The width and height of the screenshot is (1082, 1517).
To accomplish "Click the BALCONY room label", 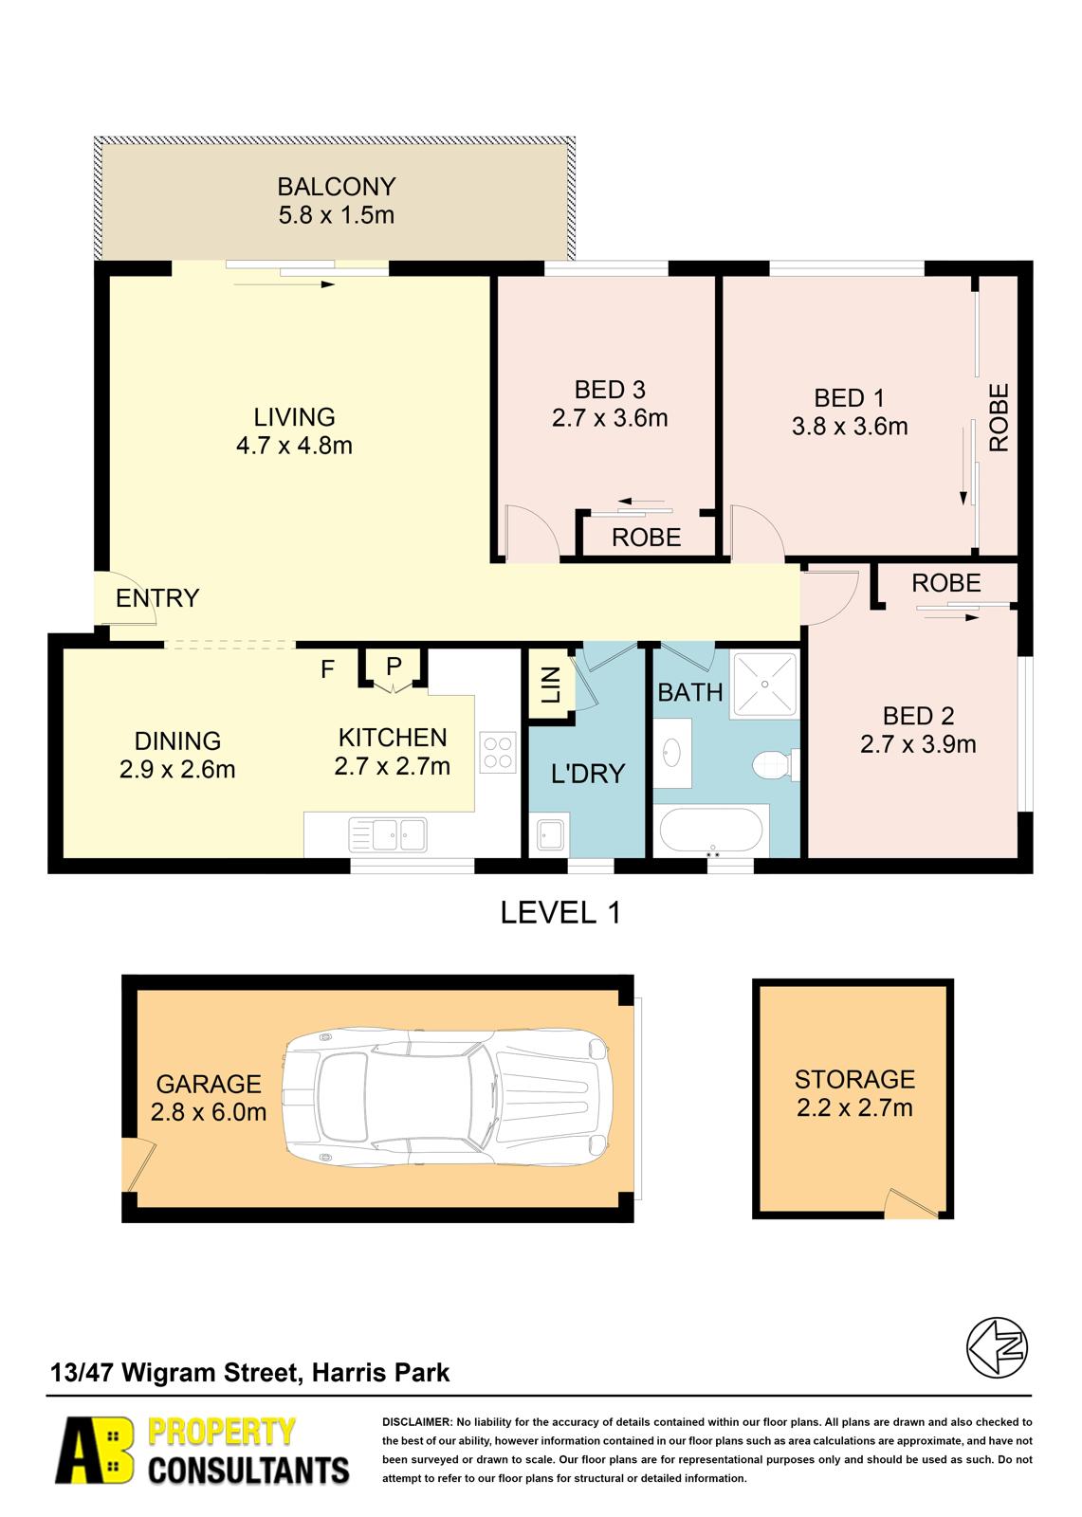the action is (336, 187).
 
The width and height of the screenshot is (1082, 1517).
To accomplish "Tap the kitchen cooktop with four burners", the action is (498, 753).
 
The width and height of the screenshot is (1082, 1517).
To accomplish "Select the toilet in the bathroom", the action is (775, 764).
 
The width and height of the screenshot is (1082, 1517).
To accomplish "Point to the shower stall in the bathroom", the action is (765, 685).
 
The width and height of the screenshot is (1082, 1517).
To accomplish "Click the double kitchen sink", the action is (388, 833).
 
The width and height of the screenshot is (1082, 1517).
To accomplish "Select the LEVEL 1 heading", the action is (560, 913).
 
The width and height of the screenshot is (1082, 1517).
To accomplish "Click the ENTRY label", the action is (157, 598).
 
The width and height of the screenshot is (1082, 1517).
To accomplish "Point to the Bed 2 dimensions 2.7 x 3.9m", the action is (918, 745).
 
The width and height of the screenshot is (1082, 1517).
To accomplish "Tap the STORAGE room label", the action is (854, 1080).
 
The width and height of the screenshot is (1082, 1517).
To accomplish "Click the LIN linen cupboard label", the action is (552, 685).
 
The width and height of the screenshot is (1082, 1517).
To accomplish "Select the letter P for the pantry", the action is (394, 667).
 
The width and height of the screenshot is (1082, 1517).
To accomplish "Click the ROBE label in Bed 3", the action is (646, 538).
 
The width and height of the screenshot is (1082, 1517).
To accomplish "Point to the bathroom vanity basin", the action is (671, 753).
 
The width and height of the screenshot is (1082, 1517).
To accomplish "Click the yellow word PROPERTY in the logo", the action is (221, 1433).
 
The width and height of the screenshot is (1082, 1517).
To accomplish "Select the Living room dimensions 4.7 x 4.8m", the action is (294, 446).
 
